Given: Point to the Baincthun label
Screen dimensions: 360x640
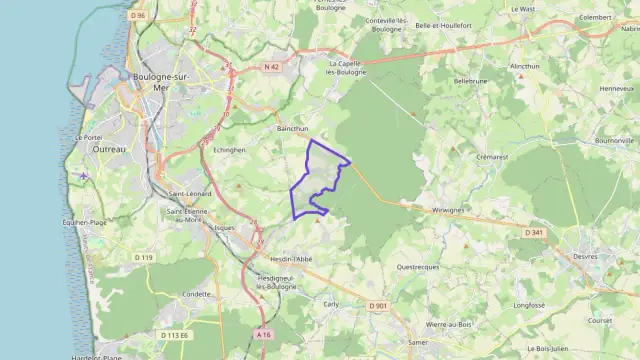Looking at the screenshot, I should [293, 129].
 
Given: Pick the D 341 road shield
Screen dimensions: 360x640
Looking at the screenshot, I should [533, 233].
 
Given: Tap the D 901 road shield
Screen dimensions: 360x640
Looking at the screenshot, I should [377, 306].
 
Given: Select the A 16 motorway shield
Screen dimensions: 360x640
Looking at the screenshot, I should [263, 334].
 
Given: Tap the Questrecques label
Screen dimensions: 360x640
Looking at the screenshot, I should [418, 267].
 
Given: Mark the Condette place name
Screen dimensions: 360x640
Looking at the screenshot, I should [197, 295].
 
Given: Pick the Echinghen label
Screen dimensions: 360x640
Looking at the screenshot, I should [229, 149].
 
